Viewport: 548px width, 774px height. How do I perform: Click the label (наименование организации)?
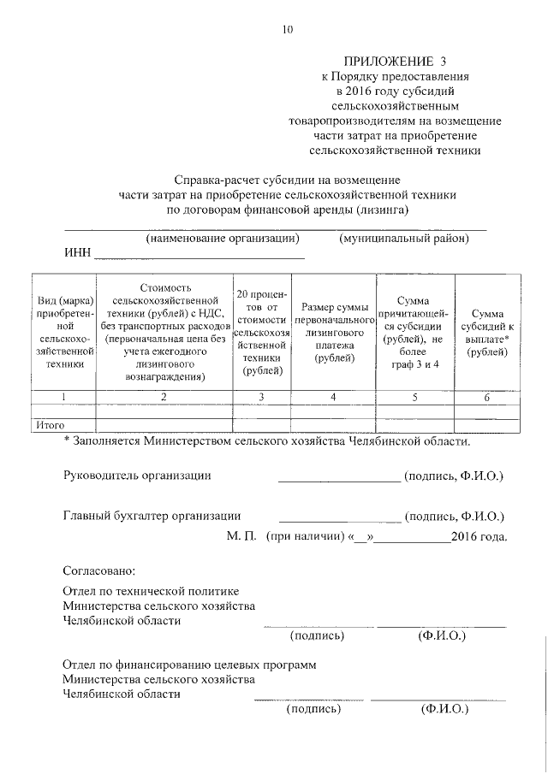(x=222, y=239)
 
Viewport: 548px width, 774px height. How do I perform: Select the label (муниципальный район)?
(x=403, y=239)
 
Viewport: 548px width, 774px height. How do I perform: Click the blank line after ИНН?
(x=199, y=256)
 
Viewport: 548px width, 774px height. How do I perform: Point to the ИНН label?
(x=77, y=254)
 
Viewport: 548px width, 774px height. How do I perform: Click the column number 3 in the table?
(x=262, y=396)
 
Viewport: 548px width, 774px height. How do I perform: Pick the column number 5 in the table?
(x=414, y=396)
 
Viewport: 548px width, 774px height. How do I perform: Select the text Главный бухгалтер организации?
(x=152, y=516)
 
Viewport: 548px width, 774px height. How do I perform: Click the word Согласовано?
(x=99, y=570)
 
